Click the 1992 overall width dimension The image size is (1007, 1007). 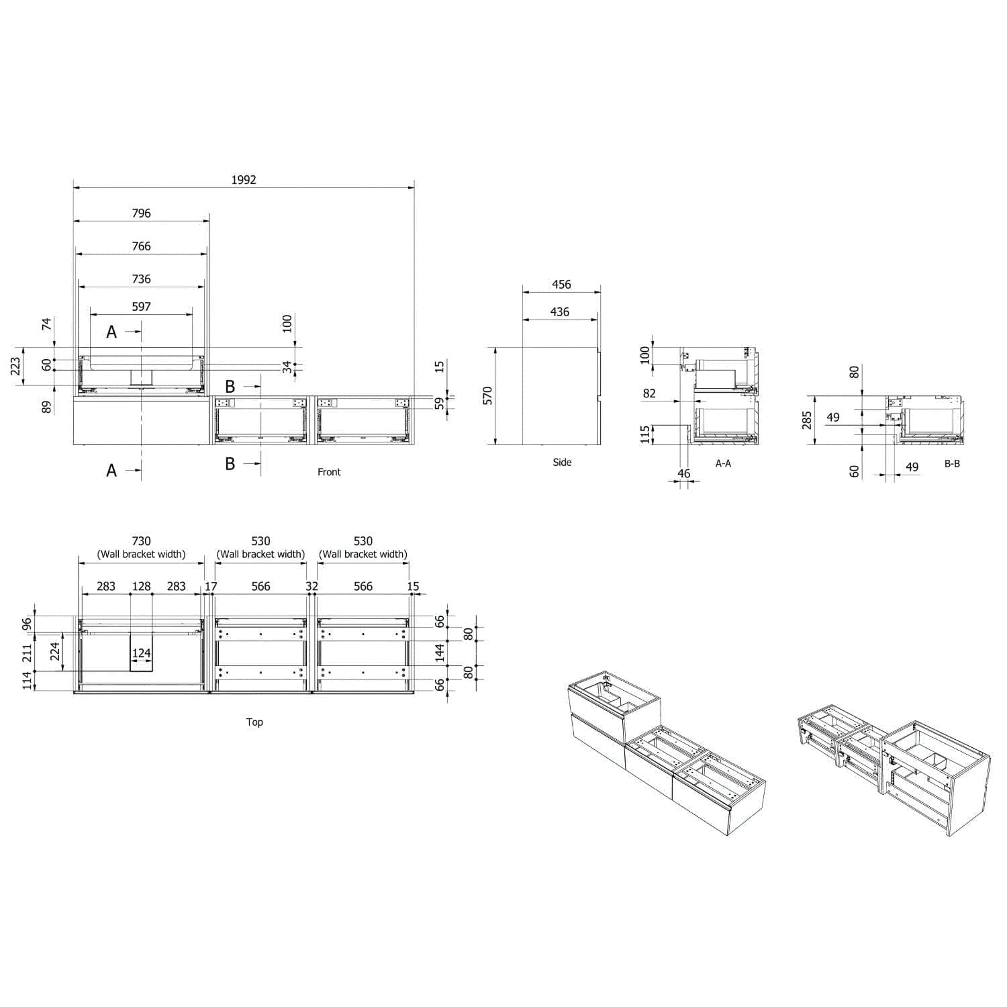244,180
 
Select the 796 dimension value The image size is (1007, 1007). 141,213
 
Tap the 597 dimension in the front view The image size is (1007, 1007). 141,307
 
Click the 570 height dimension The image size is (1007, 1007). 488,395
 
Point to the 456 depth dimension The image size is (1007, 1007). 561,285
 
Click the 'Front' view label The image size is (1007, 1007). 329,472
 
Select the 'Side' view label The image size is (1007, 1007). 562,462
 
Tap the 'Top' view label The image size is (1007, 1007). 254,722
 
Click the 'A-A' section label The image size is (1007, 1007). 723,463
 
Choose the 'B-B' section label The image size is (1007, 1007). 952,463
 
